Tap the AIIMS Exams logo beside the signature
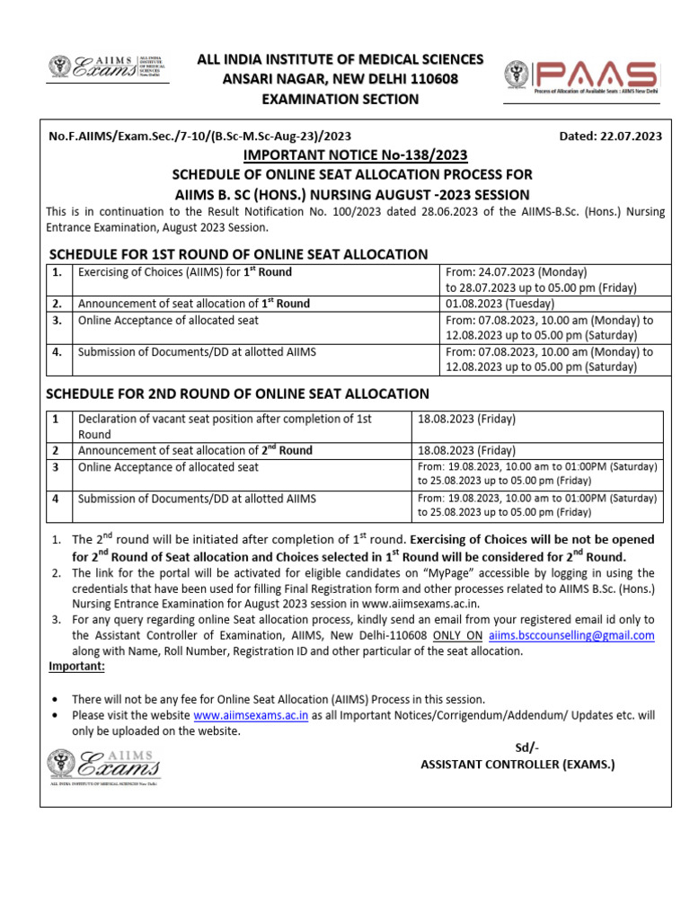104,767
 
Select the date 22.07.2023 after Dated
628,137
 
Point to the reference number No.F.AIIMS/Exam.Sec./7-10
199,137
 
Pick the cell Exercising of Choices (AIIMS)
184,271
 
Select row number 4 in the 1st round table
57,352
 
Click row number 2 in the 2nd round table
56,450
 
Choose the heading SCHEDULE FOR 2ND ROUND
238,394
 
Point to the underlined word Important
76,666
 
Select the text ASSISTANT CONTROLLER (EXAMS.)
518,765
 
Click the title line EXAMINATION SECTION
341,99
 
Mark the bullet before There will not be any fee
57,699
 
